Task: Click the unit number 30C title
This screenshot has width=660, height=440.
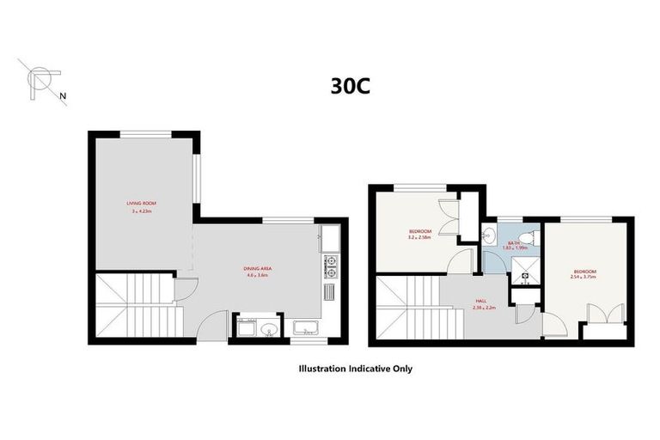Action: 350,86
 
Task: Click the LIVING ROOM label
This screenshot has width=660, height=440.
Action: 143,204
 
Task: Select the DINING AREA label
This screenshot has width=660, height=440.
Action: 258,269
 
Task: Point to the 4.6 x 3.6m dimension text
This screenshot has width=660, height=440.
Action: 258,276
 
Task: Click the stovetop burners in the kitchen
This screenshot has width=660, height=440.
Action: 330,266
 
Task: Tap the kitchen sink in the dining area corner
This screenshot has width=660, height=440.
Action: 330,239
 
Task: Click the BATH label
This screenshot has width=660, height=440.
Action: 513,243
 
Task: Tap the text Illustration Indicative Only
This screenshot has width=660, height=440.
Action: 355,369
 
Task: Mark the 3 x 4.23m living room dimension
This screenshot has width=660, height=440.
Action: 143,211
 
